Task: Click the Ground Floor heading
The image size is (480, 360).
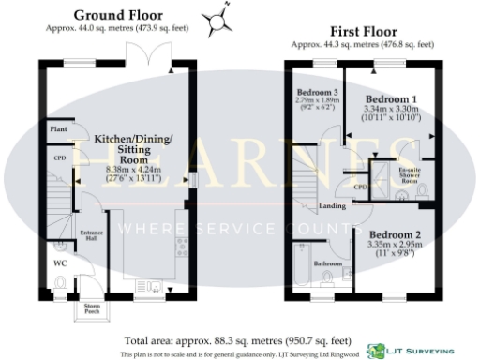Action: click(x=117, y=15)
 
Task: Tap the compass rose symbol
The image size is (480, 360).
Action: click(x=219, y=16)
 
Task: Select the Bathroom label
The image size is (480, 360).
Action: click(x=328, y=263)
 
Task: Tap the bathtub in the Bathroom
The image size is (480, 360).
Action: click(x=302, y=265)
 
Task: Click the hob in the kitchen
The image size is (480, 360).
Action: click(x=181, y=247)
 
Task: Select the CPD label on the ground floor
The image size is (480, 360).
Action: click(x=58, y=158)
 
